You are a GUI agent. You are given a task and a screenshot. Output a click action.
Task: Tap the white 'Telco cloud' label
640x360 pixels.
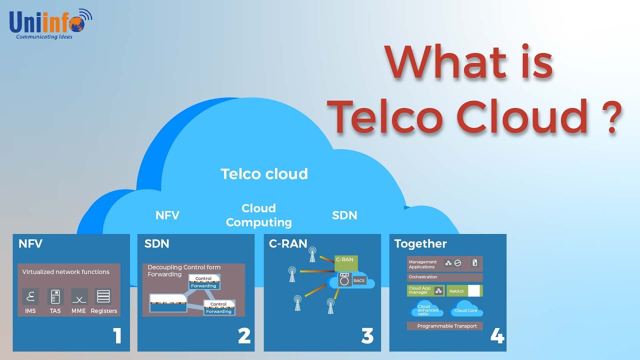264,174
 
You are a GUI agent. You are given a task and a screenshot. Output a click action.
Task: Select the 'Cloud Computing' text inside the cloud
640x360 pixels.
258,215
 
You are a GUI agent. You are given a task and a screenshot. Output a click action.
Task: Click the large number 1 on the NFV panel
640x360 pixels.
117,336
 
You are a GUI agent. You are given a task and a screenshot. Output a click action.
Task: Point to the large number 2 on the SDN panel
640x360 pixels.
244,336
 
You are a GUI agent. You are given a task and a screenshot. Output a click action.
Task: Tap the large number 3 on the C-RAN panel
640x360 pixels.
367,336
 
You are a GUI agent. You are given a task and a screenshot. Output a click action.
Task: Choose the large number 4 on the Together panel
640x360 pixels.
497,336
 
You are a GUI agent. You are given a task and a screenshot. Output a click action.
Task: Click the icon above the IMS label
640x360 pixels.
30,296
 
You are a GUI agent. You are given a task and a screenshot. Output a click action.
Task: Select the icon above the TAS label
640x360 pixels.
55,296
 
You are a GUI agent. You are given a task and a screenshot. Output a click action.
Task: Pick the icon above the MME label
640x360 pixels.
79,296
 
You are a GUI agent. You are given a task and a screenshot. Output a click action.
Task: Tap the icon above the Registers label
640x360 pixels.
103,296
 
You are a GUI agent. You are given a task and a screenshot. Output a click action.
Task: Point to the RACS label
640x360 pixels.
359,281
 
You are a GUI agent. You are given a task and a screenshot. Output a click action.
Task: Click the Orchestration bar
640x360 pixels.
444,277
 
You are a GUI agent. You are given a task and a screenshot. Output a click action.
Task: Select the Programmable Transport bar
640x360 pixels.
444,326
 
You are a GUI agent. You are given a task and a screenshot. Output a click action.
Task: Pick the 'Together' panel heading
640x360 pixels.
420,243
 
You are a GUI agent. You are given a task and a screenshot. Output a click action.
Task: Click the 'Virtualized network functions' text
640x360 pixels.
65,272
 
